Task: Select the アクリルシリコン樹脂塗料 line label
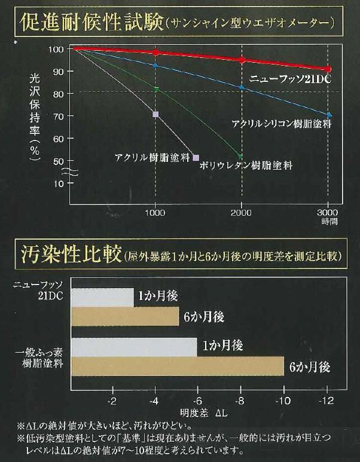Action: (281, 124)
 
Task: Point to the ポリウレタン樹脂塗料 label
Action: (246, 164)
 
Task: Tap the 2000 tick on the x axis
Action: (241, 213)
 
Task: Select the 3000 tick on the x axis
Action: (328, 213)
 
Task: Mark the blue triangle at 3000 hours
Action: (329, 114)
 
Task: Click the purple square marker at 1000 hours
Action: (155, 114)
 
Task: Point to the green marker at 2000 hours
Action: (241, 157)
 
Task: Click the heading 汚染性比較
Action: (69, 256)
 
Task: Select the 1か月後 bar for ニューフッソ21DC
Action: (102, 297)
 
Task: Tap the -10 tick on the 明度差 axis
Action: (283, 399)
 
